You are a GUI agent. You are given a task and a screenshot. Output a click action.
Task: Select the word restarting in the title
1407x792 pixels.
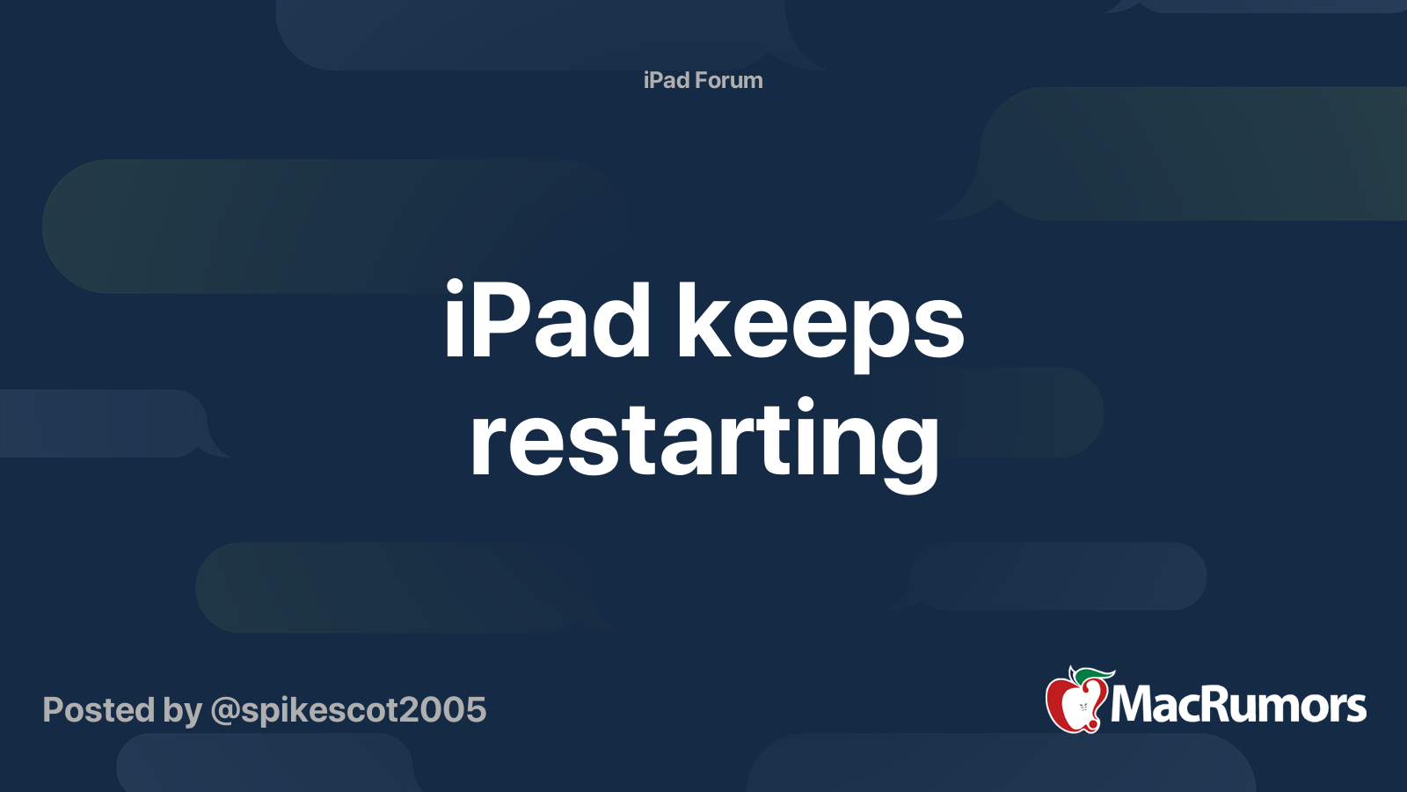704,444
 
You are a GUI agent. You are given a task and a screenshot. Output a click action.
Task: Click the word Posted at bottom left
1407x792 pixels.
98,709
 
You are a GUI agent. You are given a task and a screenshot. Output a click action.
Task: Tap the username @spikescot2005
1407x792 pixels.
348,711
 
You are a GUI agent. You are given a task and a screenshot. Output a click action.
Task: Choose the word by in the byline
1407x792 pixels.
183,712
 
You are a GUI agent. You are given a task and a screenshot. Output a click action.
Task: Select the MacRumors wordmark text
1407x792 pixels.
1238,705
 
